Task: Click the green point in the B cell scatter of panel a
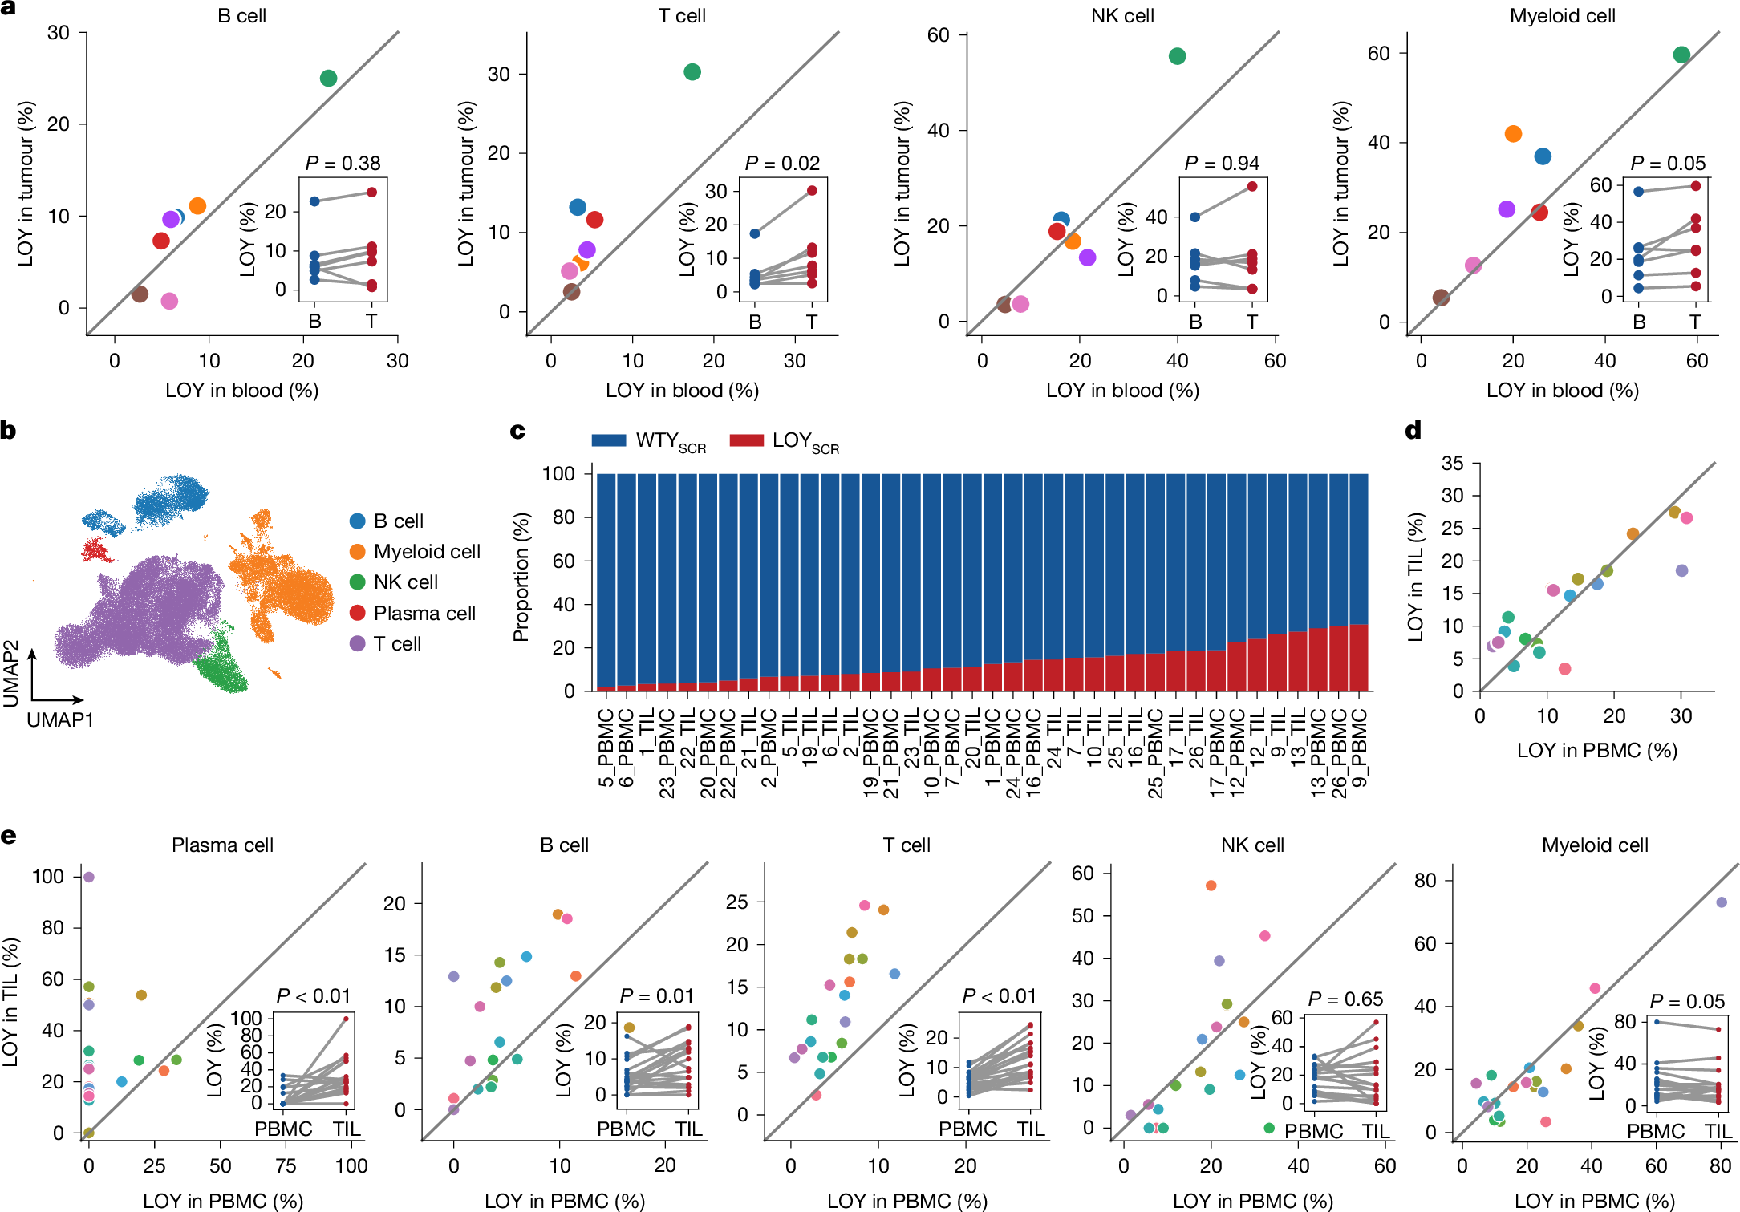click(328, 78)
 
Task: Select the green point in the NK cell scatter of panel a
click(1177, 56)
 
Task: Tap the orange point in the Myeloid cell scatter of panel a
click(1513, 134)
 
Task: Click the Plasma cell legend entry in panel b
click(424, 614)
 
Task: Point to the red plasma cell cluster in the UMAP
click(97, 551)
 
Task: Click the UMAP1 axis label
click(60, 719)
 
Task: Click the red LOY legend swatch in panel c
click(746, 440)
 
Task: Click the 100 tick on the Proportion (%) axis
click(558, 473)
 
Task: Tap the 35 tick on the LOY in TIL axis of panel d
click(1452, 463)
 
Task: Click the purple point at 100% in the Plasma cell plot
click(89, 877)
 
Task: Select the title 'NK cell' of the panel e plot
click(1252, 845)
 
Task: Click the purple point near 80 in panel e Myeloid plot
click(1721, 902)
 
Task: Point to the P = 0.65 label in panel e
click(1345, 999)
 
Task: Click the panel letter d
click(1413, 431)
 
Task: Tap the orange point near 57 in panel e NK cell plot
click(1211, 886)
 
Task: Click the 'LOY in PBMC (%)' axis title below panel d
click(1596, 751)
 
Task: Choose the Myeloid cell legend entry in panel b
click(426, 552)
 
